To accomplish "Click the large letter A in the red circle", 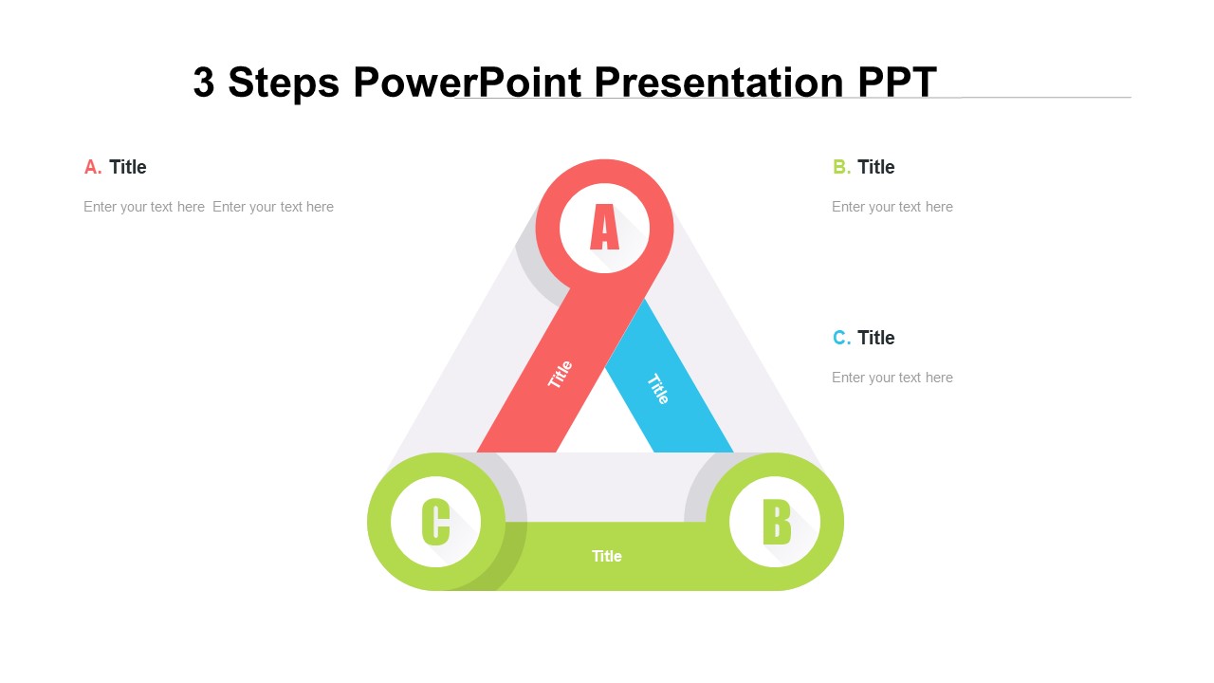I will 604,228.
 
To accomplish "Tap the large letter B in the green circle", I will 776,522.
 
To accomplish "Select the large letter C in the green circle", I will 435,522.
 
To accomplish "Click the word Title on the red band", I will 561,374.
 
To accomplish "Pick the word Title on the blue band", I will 658,389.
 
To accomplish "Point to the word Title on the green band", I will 606,556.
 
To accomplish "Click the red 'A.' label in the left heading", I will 93,167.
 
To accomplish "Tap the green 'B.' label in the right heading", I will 841,167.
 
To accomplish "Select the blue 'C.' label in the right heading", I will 841,338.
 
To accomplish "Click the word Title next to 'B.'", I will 875,167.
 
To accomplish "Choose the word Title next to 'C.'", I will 875,338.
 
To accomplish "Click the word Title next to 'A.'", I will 127,167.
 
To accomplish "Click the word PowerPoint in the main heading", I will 468,83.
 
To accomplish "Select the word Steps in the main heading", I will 284,83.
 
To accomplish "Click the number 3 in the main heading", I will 204,83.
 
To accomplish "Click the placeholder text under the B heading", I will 892,207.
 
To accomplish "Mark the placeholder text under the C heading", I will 892,378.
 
